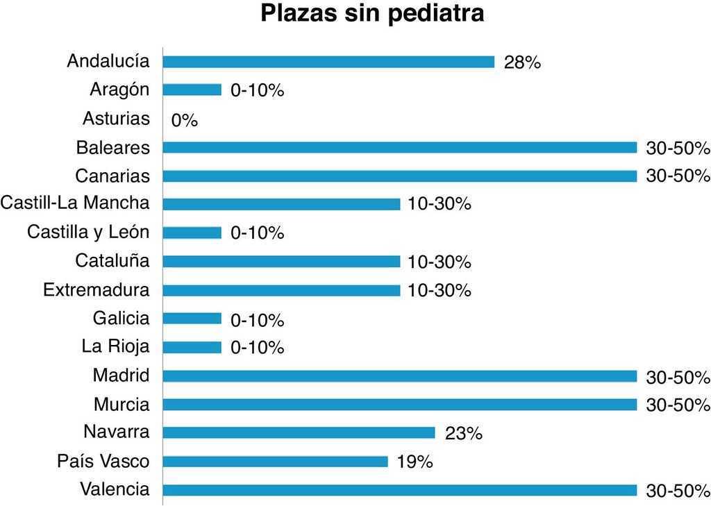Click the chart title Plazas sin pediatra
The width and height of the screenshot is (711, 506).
(x=372, y=14)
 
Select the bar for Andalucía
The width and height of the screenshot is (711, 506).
(x=328, y=62)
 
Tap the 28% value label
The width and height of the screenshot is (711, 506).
(x=522, y=62)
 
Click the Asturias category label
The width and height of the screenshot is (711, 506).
(x=116, y=119)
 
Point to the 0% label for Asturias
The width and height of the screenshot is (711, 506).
(x=185, y=121)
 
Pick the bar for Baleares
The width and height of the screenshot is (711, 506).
(x=400, y=147)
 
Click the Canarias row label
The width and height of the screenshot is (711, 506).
(x=112, y=176)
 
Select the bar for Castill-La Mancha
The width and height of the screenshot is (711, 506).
(x=281, y=204)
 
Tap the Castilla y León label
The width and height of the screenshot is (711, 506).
(x=88, y=232)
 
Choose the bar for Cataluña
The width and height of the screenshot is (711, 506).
(x=281, y=262)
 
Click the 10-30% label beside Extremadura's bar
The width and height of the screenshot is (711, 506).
(x=440, y=290)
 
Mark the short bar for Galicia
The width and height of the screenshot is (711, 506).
(x=192, y=319)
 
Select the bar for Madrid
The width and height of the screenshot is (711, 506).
(x=400, y=376)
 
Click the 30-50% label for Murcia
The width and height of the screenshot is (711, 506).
(x=678, y=405)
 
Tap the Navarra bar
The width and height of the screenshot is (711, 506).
(x=299, y=432)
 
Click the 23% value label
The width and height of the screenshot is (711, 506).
(x=463, y=434)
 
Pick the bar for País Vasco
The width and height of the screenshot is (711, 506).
(x=275, y=462)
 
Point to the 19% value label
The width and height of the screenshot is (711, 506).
(x=415, y=462)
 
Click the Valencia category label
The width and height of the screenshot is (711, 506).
(x=115, y=489)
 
